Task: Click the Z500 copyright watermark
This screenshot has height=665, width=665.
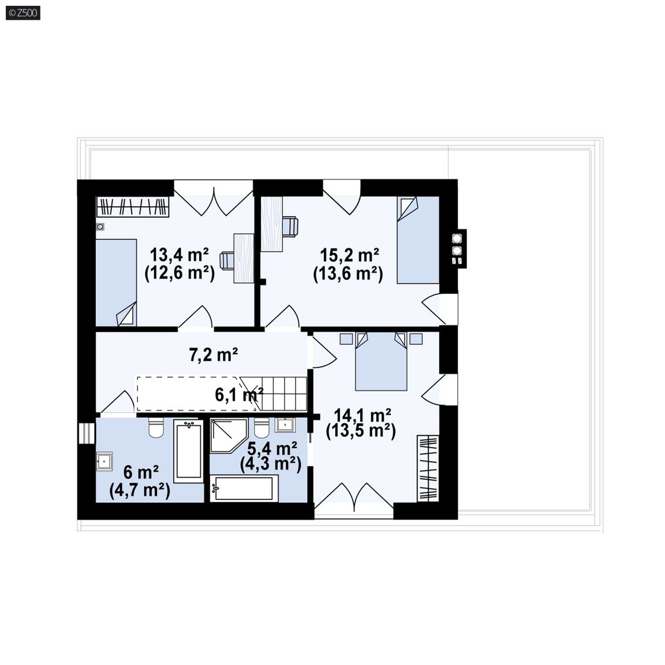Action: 23,13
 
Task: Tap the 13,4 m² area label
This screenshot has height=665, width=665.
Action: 180,255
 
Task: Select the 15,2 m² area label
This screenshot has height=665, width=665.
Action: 349,256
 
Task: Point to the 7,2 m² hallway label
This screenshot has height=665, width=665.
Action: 213,354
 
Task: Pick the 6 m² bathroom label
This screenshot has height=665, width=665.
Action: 141,472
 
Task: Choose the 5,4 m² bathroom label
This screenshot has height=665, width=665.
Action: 272,448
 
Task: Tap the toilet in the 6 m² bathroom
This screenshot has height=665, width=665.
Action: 156,428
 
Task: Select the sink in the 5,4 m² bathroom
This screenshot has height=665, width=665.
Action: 285,425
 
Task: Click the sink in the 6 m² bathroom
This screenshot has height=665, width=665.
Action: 104,461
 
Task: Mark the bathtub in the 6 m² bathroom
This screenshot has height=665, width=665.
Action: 189,451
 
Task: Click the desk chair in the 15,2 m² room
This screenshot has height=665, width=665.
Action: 290,226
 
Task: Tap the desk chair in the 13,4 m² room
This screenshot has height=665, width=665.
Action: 227,260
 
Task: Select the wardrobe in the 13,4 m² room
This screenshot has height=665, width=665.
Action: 132,207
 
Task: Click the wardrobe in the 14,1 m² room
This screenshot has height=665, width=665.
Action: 428,468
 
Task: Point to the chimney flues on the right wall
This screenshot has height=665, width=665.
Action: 457,249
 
